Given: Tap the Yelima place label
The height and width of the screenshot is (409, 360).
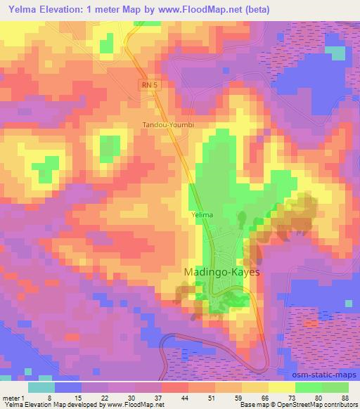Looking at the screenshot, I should (201, 214).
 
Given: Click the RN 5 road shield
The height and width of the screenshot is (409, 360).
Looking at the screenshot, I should (147, 84).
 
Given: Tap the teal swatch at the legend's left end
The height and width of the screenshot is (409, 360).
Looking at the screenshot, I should (41, 387).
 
